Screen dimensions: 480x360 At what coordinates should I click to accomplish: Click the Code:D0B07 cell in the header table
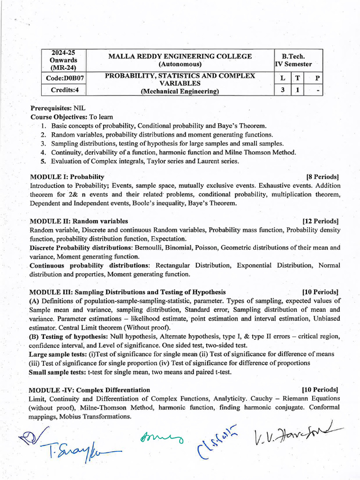[65, 78]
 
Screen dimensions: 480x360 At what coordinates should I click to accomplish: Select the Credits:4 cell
[65, 90]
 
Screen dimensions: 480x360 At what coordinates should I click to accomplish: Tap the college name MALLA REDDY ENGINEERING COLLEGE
[180, 56]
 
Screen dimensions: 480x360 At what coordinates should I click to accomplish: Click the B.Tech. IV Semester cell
[293, 60]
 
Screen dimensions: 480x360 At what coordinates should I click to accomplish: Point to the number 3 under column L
[283, 90]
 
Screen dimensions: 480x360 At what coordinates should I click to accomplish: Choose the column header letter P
[317, 78]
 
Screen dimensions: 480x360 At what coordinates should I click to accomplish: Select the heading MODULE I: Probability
[67, 177]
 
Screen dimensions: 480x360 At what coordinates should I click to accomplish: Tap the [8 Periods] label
[322, 177]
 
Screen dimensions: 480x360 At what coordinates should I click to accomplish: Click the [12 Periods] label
[321, 221]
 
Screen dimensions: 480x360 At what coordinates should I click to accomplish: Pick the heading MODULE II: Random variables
[79, 221]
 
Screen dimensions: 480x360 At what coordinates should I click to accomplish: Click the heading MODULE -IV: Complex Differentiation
[90, 390]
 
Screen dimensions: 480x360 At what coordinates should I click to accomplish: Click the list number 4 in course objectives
[43, 152]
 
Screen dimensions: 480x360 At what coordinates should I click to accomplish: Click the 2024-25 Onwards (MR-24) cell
[64, 60]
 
